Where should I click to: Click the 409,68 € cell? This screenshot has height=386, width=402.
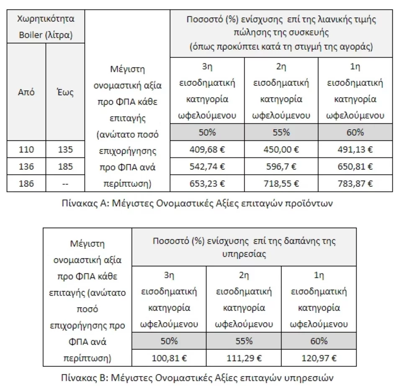coord(207,149)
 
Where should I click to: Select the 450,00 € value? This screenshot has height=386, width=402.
coord(281,149)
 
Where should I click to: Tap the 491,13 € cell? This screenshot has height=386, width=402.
coord(355,149)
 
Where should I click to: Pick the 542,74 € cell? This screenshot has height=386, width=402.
coord(207,166)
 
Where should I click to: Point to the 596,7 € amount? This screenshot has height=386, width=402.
coord(281,166)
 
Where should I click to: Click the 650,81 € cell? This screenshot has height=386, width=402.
coord(355,166)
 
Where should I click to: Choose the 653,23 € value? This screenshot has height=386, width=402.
coord(207,183)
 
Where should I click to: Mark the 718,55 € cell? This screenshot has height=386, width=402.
coord(281,183)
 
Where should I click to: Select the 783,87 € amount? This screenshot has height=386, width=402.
coord(355,183)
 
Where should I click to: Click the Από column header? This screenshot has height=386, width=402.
coord(26,92)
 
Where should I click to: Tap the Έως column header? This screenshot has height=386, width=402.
coord(65,92)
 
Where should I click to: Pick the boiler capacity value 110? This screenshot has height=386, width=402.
coord(26,149)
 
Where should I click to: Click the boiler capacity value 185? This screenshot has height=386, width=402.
coord(65,166)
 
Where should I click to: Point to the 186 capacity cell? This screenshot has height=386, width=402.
coord(26,183)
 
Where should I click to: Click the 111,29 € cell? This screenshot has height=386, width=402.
coord(244,358)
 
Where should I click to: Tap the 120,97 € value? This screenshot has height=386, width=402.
coord(319,358)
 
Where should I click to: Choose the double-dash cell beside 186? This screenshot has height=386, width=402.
coord(65,183)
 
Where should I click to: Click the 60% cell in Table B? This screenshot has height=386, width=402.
coord(319,341)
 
